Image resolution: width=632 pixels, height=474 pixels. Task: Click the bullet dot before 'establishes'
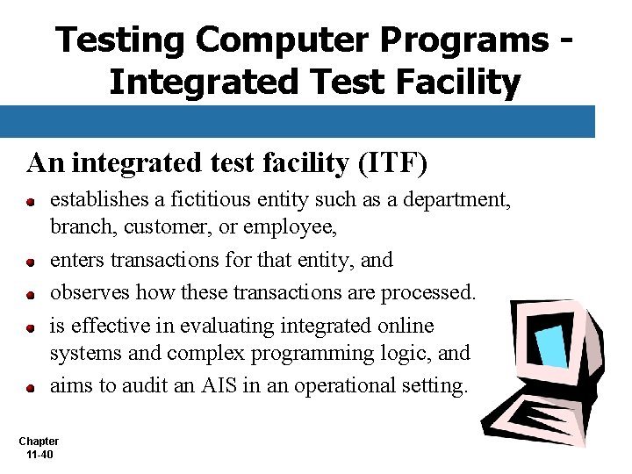point(30,202)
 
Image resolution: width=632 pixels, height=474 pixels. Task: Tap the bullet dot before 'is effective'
point(30,327)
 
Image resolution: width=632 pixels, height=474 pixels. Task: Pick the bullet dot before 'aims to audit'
point(30,387)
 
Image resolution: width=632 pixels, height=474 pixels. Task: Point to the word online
point(406,325)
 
